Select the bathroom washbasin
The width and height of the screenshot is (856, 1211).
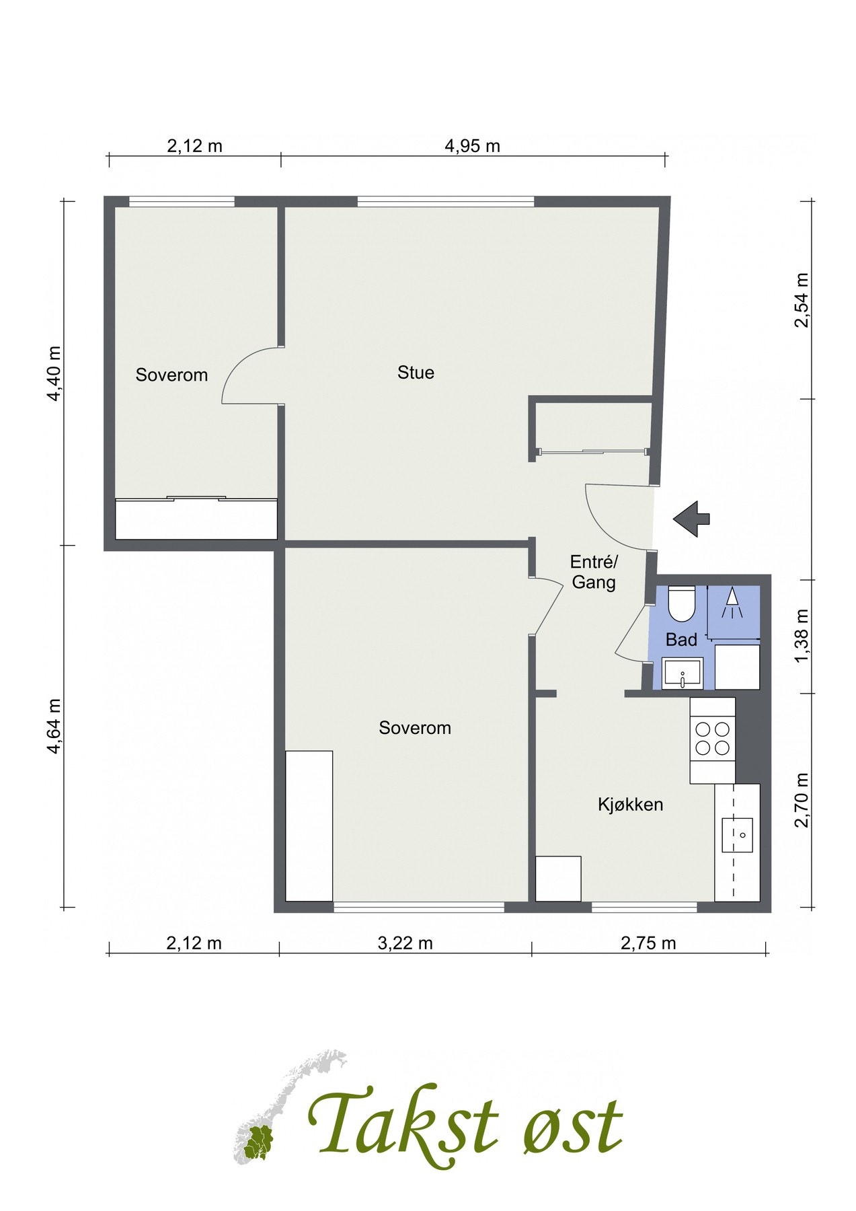pos(682,673)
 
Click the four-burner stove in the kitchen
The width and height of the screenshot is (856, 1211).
pos(712,738)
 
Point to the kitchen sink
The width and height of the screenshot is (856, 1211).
pos(738,835)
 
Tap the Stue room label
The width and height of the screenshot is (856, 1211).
pos(416,373)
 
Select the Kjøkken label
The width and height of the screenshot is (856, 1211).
pos(631,804)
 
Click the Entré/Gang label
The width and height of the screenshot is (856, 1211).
pos(593,572)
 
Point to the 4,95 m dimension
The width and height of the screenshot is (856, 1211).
pos(473,145)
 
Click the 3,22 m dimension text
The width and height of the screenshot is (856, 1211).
pos(405,943)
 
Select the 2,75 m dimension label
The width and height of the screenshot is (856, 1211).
pos(648,943)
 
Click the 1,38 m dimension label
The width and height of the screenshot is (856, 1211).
pos(801,636)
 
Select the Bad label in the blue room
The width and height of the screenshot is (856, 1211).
pos(681,640)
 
